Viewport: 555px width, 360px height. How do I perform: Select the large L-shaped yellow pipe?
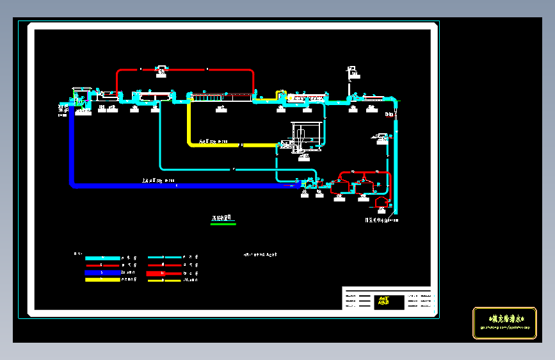tap(224, 145)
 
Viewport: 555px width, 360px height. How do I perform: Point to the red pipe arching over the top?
tap(186, 69)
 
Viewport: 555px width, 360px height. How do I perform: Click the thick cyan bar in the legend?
tap(102, 258)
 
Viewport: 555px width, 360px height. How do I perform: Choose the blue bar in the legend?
tap(102, 272)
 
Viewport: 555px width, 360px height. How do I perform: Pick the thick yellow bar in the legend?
tap(102, 279)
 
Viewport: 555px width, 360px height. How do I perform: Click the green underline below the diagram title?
tap(223, 224)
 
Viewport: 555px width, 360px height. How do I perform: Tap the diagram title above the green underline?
tap(223, 218)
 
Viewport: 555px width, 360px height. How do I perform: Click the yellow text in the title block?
tap(383, 300)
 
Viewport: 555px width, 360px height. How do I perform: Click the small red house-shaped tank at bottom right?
tap(382, 202)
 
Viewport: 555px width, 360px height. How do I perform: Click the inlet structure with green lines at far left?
tap(81, 99)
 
